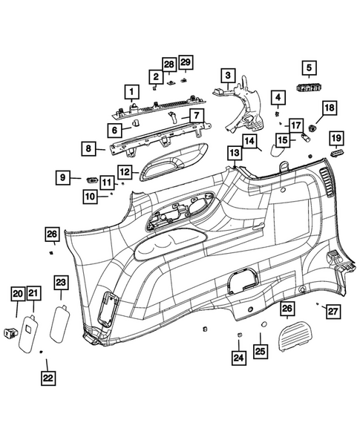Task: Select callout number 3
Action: click(227, 75)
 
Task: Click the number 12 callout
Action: click(124, 172)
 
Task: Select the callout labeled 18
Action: click(329, 108)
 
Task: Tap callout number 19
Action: click(336, 138)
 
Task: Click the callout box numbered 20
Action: click(16, 294)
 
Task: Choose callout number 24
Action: click(238, 358)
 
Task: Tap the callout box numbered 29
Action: click(186, 61)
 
